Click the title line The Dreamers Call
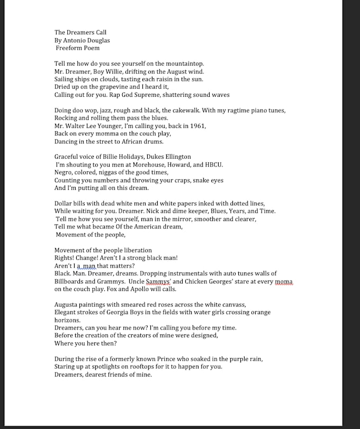[80, 32]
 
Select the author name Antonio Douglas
[87, 40]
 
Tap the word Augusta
[65, 305]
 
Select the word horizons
[67, 320]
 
